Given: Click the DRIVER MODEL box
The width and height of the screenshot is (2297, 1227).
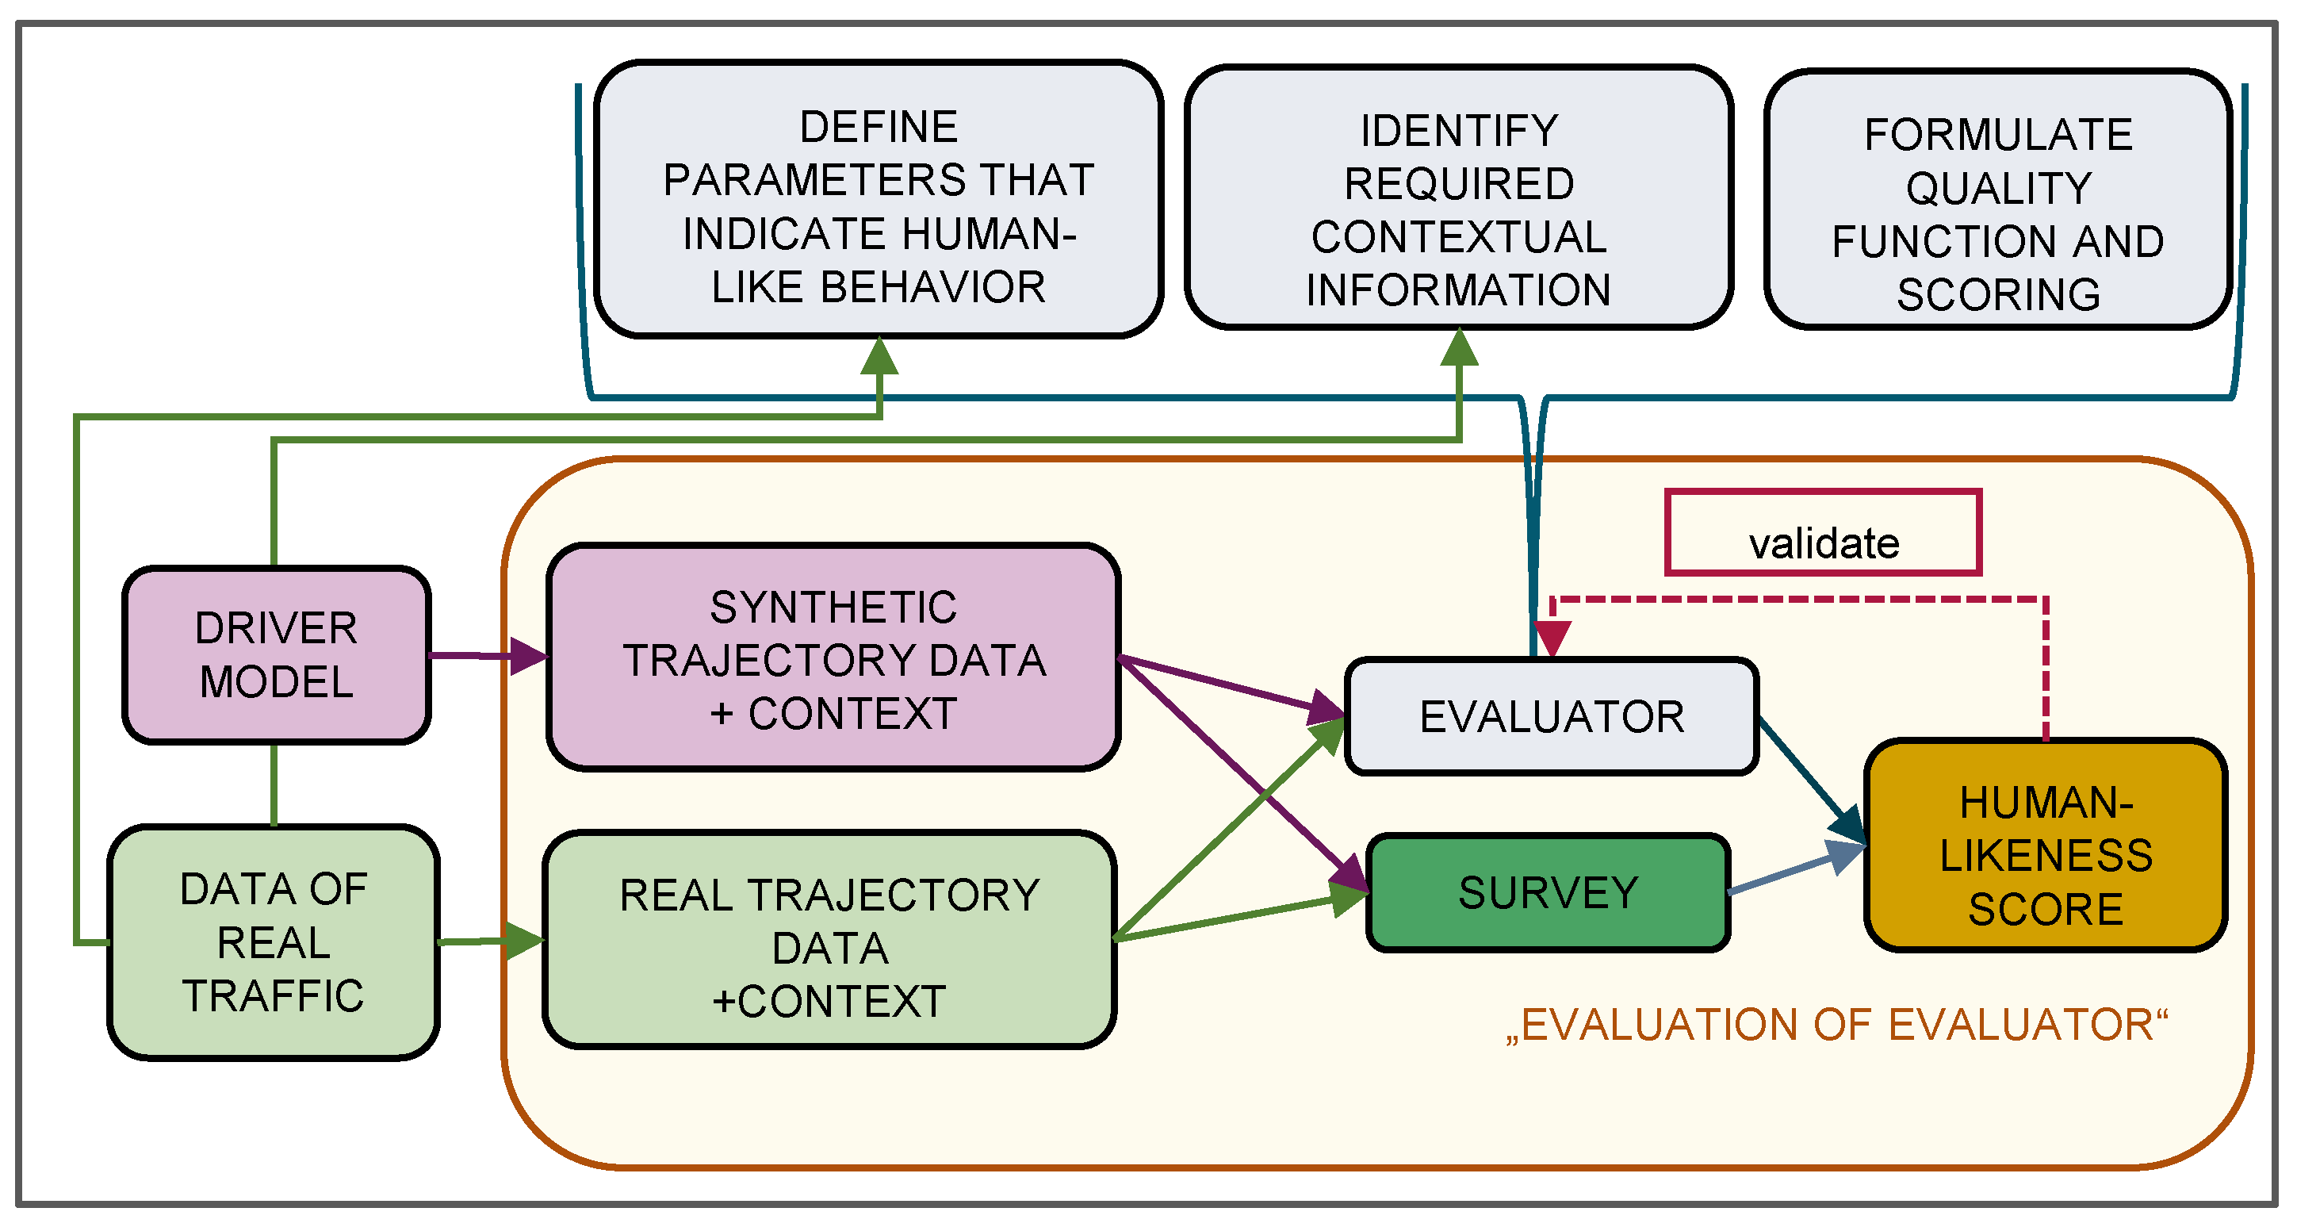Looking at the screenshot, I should [x=277, y=655].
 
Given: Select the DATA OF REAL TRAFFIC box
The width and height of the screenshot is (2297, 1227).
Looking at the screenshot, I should [x=273, y=942].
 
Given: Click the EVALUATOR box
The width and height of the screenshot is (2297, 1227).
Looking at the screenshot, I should [x=1552, y=717].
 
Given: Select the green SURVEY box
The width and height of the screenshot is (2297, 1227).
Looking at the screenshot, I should [x=1548, y=892].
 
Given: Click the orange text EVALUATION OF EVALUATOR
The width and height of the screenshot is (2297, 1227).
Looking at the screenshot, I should [x=1837, y=1026].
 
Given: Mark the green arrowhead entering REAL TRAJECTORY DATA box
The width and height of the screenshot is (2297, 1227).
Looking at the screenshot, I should [x=524, y=940].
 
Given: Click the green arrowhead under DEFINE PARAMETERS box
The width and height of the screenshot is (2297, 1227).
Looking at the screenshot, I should [x=879, y=356].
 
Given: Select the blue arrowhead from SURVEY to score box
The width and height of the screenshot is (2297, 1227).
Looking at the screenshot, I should [x=1846, y=855].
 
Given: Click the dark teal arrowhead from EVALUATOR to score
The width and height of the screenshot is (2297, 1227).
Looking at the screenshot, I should [x=1847, y=825].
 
